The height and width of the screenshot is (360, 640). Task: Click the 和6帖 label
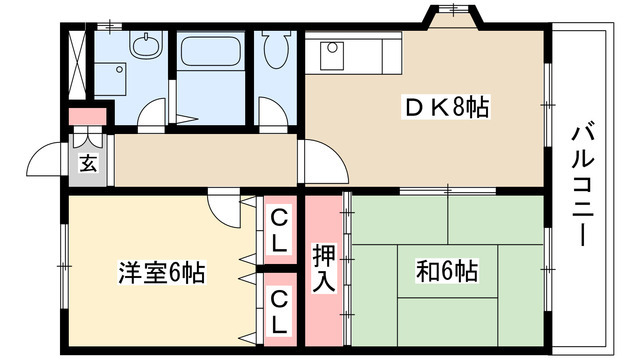[446, 271]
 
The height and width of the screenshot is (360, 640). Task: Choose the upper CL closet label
[279, 230]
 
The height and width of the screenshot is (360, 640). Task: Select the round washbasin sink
[147, 44]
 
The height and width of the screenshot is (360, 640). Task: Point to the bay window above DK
[452, 17]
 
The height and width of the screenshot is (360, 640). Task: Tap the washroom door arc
[150, 118]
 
